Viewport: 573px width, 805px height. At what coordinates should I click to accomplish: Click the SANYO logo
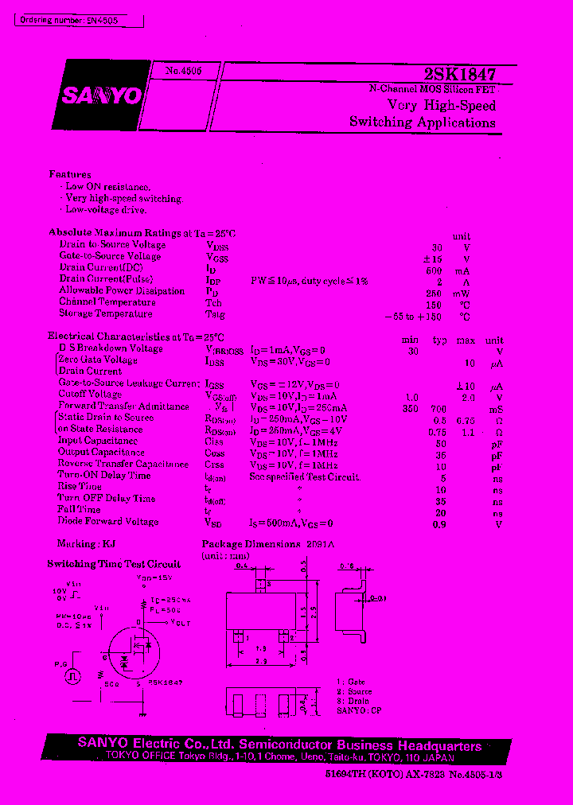[x=99, y=96]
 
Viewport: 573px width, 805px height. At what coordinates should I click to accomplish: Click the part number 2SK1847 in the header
[x=460, y=74]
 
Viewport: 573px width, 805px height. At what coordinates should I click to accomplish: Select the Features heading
[x=70, y=174]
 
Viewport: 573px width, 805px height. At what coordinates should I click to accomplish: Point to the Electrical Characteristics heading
[x=136, y=336]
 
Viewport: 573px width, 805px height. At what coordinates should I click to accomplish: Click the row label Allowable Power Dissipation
[x=111, y=291]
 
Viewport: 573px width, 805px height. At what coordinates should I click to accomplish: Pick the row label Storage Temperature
[x=106, y=314]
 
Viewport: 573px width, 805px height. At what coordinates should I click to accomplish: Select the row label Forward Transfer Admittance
[x=123, y=406]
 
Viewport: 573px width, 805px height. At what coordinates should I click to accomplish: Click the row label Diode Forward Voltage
[x=108, y=522]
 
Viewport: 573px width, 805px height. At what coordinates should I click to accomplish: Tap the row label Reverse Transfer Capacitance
[x=123, y=464]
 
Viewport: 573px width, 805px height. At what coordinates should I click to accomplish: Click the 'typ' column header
[x=440, y=340]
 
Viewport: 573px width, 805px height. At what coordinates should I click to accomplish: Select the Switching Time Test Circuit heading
[x=114, y=564]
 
